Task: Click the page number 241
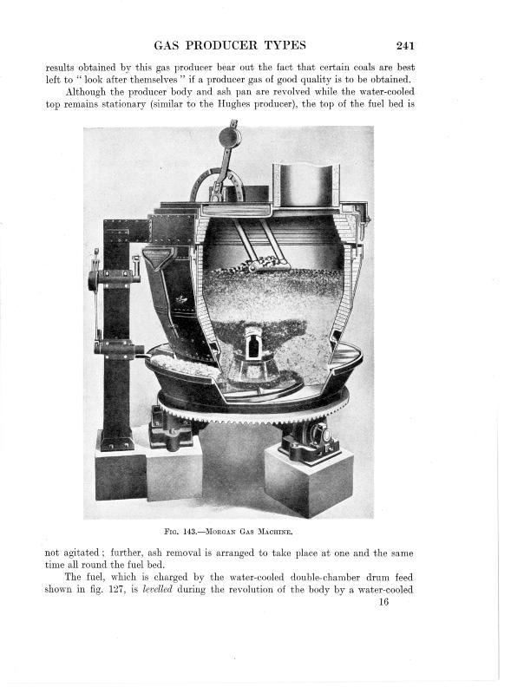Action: point(405,46)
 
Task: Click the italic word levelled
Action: point(157,590)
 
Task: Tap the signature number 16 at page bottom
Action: point(383,601)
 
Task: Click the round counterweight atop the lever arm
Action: point(230,137)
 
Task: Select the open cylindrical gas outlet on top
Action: point(306,185)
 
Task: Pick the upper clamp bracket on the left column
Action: point(114,278)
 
